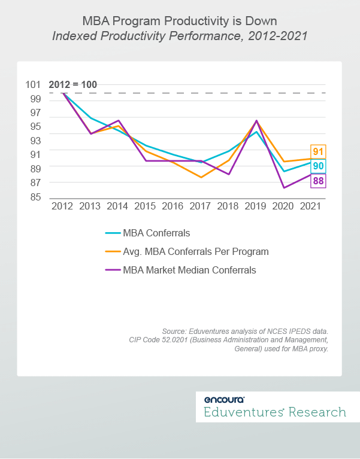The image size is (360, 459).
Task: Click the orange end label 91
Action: click(318, 152)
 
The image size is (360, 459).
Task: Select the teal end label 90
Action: click(318, 166)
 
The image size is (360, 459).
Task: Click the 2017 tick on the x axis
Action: click(201, 206)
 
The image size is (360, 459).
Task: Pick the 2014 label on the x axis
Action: click(118, 206)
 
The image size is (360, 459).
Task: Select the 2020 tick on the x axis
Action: click(284, 206)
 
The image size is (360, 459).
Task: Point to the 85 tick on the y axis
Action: click(35, 197)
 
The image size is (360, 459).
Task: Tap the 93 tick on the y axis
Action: click(35, 141)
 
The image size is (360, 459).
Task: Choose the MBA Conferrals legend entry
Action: click(156, 233)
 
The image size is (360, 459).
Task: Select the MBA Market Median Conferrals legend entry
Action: click(189, 270)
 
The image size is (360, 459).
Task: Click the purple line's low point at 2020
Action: click(284, 188)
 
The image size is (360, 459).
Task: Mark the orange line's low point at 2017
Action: click(201, 177)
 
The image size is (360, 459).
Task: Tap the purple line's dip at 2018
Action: click(229, 174)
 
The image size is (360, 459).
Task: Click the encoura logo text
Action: click(224, 400)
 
